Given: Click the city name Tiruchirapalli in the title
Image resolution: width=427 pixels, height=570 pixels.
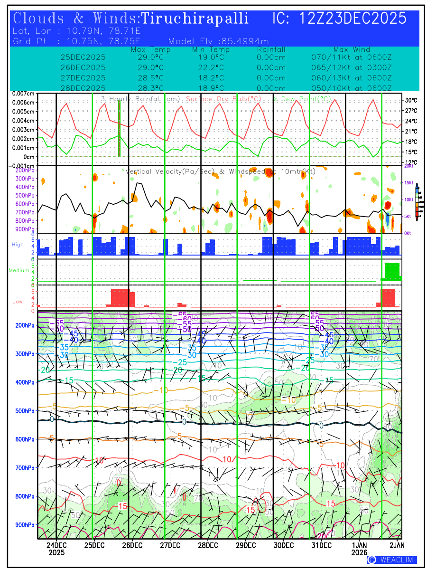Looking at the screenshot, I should click(x=195, y=19).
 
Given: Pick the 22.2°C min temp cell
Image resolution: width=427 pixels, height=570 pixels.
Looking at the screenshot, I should click(x=211, y=67).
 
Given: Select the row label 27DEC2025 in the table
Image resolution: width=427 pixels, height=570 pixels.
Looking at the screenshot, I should click(x=83, y=77).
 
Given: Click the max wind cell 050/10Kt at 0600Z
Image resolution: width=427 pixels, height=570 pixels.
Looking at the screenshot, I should click(x=351, y=88).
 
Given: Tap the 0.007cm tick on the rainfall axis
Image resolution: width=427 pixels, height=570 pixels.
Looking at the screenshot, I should click(x=23, y=94).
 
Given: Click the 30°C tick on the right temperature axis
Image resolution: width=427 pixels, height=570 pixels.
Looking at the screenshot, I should click(x=411, y=101).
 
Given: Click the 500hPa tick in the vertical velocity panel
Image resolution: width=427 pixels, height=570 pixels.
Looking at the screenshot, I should click(x=27, y=196).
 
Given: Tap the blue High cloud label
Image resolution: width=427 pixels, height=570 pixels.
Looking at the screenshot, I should click(x=18, y=244).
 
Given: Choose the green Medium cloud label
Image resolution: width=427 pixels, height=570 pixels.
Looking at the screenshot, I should click(x=19, y=270).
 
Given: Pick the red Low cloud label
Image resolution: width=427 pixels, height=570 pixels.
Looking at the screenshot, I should click(x=18, y=302).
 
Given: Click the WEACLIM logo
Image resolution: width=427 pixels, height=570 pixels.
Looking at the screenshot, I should click(x=392, y=560).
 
